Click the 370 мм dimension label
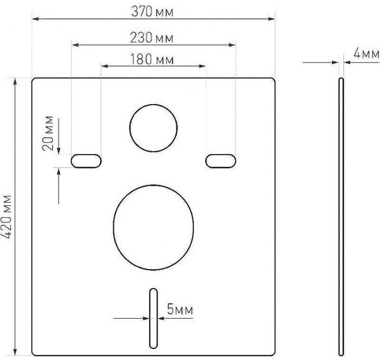(x=153, y=11)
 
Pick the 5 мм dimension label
(x=180, y=310)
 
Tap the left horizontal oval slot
(x=87, y=160)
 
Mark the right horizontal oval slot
(x=220, y=160)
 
